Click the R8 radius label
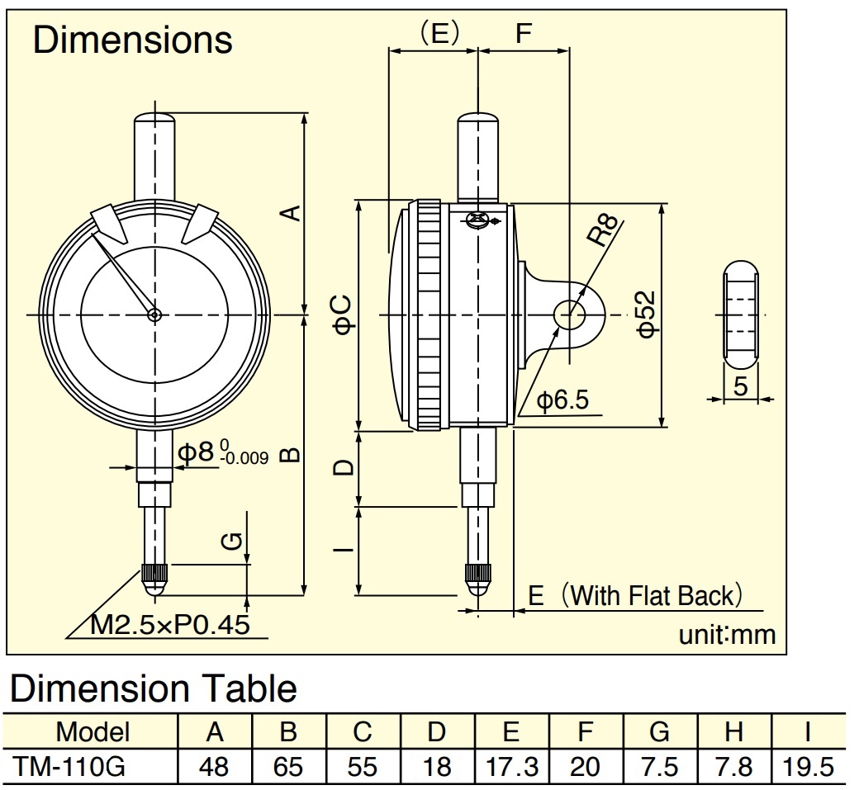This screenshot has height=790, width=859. [x=604, y=229]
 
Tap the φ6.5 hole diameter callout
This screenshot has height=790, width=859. [x=562, y=400]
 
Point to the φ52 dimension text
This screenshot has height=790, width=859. [x=647, y=315]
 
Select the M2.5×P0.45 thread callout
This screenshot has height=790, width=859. [x=170, y=624]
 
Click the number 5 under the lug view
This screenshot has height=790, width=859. [x=740, y=386]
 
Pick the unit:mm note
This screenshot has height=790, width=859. [x=727, y=635]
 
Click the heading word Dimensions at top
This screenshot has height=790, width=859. [x=133, y=40]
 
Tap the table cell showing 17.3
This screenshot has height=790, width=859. [x=511, y=767]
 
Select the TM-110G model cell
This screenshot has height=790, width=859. [x=69, y=766]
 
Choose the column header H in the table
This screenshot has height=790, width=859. [x=733, y=732]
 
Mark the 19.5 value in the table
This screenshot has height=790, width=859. [x=808, y=767]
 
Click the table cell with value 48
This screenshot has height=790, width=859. [x=214, y=767]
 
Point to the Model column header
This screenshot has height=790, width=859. [x=93, y=732]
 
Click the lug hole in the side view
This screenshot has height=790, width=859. [x=570, y=315]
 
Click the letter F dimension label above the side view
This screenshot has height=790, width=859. [x=524, y=33]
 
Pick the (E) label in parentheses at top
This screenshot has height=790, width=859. [x=439, y=33]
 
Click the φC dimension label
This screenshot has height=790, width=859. [x=344, y=314]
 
